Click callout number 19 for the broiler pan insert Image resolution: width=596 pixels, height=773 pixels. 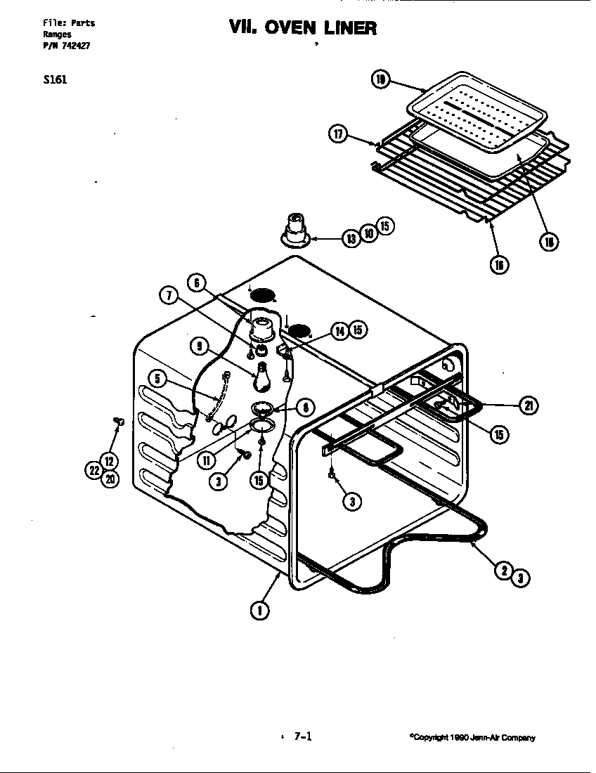click(x=380, y=79)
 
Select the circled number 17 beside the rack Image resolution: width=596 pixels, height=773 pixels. click(x=339, y=134)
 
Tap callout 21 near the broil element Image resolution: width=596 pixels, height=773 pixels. click(x=528, y=405)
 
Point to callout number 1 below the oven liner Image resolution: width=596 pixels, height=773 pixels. click(x=259, y=610)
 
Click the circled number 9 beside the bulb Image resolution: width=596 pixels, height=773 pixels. click(x=199, y=346)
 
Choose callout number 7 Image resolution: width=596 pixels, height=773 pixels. click(x=169, y=296)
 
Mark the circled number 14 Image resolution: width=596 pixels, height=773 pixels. click(x=341, y=330)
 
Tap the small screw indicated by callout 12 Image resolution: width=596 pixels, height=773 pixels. click(x=117, y=421)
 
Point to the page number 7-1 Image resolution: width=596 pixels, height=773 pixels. click(x=302, y=736)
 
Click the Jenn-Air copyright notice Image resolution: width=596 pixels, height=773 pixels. click(x=472, y=737)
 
